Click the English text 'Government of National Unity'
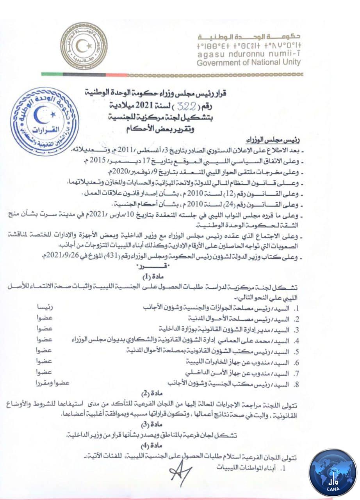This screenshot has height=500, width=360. coord(248,62)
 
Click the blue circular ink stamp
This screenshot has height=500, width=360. coord(44,121)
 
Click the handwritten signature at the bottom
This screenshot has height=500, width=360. coord(180,472)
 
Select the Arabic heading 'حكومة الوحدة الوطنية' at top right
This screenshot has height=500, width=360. coord(249,37)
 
